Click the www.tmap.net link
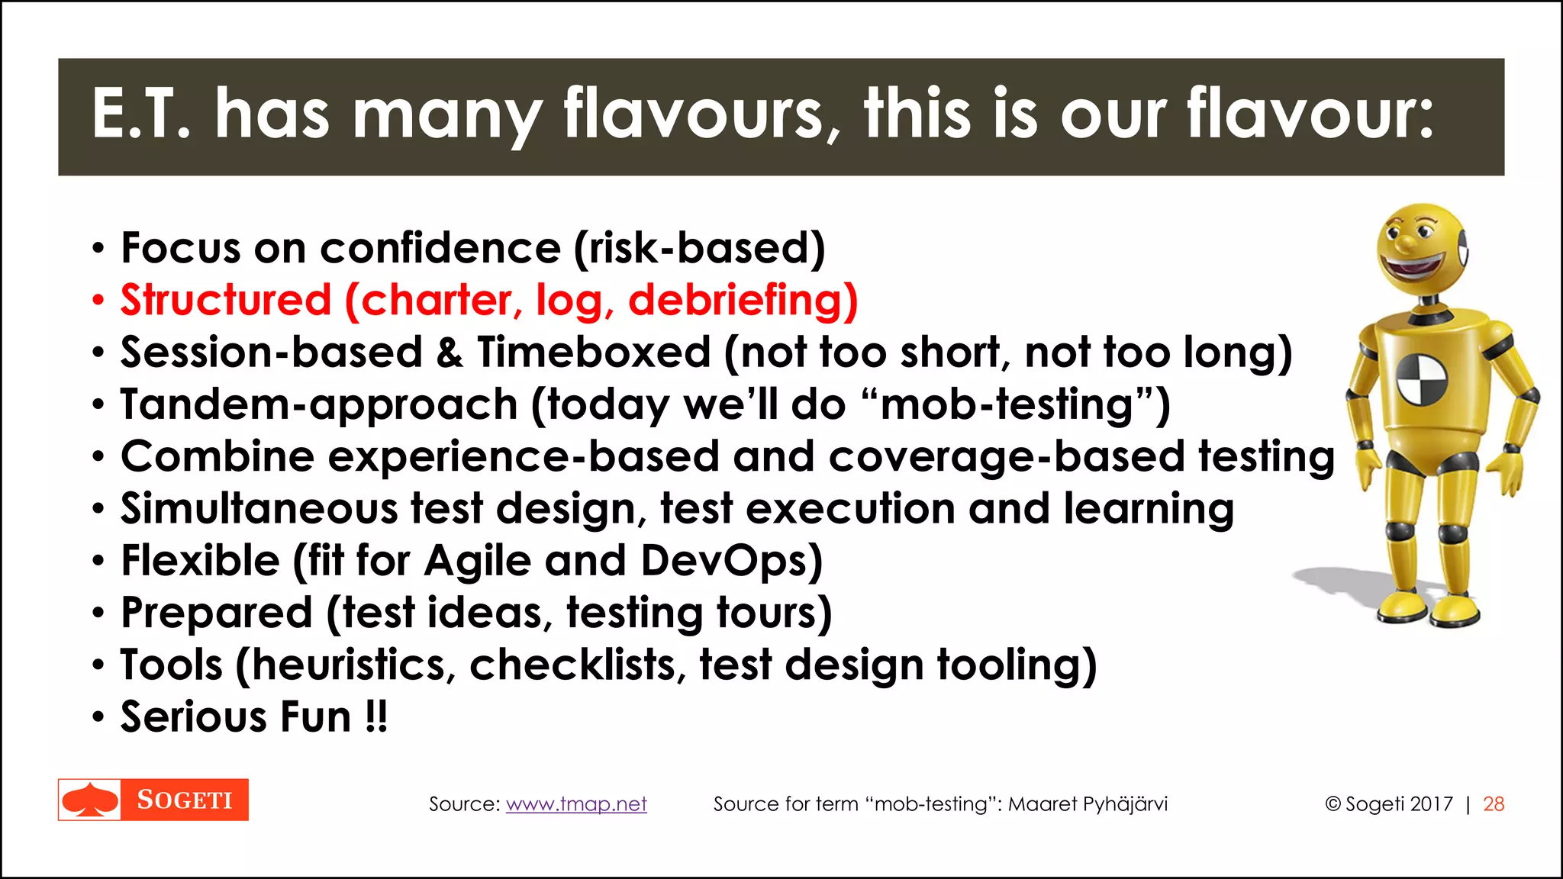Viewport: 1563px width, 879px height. (576, 804)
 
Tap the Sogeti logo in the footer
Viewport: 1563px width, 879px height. (153, 800)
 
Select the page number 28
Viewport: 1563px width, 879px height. (1494, 804)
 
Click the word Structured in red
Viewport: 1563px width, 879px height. (226, 300)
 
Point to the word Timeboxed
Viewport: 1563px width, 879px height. (595, 353)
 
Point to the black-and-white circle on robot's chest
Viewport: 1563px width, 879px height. (1422, 379)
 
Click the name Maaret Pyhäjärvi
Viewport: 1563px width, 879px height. (1088, 804)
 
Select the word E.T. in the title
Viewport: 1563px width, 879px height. (141, 114)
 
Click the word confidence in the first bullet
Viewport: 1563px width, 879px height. (440, 249)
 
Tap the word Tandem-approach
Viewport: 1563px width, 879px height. (319, 404)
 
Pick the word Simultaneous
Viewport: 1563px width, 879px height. (259, 509)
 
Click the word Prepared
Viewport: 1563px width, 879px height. (217, 613)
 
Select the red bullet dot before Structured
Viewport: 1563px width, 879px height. (97, 301)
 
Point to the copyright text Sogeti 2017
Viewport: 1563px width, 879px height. (1389, 804)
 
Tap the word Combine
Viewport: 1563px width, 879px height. (218, 456)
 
